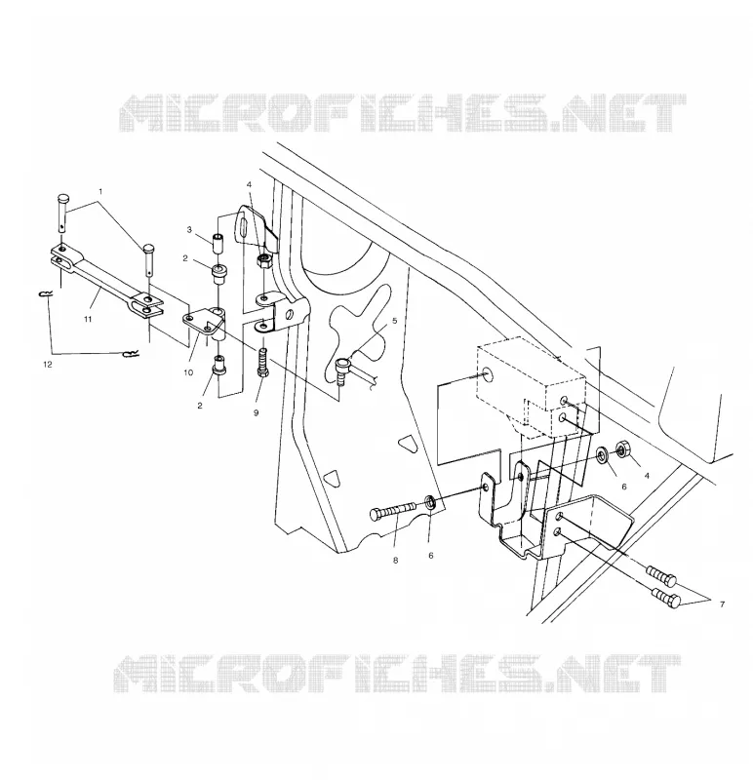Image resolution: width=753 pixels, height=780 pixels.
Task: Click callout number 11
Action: pos(88,320)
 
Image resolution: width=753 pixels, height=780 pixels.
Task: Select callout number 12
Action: pos(47,364)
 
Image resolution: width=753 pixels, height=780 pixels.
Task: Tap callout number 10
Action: pos(188,372)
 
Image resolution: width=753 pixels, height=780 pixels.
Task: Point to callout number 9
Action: pos(256,412)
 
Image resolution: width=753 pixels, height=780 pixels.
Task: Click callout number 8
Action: pos(396,561)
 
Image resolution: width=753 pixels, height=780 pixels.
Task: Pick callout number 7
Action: pos(722,604)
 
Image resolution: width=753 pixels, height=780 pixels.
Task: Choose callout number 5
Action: pos(395,321)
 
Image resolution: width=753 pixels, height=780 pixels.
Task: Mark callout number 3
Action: pos(189,230)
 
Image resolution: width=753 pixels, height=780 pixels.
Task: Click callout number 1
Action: pos(100,191)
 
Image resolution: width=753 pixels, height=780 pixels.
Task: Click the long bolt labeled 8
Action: pos(393,512)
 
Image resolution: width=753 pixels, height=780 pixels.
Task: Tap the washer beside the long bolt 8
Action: pos(431,503)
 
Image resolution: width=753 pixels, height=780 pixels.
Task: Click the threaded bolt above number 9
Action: pos(262,364)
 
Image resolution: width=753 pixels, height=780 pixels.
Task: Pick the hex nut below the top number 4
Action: pos(262,260)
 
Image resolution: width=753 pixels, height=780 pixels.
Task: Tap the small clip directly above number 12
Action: pos(131,354)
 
